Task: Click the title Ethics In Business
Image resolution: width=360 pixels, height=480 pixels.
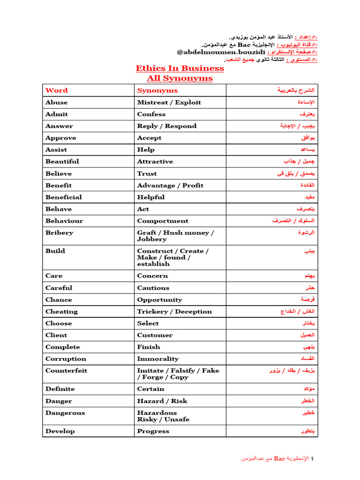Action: (180, 68)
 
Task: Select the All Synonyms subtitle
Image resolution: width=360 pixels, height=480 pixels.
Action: (180, 78)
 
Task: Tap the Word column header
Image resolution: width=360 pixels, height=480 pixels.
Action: (56, 90)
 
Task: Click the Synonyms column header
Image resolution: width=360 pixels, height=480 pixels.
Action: (157, 90)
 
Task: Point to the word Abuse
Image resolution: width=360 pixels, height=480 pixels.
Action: (56, 102)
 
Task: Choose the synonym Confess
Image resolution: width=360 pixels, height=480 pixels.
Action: (151, 114)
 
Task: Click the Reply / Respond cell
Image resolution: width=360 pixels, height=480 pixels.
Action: (166, 126)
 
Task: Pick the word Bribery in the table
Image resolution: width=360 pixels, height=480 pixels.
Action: (59, 232)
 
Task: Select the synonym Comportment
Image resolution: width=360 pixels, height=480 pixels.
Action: (162, 221)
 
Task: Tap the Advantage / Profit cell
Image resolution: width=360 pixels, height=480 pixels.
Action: (170, 185)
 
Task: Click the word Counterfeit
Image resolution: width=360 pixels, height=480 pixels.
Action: (66, 370)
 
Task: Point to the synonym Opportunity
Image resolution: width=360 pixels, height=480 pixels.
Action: (159, 300)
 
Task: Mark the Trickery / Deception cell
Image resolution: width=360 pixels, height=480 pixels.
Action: (174, 312)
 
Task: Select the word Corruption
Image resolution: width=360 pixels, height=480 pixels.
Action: (66, 359)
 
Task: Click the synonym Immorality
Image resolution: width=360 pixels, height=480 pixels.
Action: (157, 359)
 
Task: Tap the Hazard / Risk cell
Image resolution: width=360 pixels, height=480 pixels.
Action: (162, 401)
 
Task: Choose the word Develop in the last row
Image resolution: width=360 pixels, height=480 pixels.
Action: (60, 431)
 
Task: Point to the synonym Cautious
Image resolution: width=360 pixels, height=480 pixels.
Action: (153, 288)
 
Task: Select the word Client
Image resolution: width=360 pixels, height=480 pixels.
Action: (56, 335)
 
